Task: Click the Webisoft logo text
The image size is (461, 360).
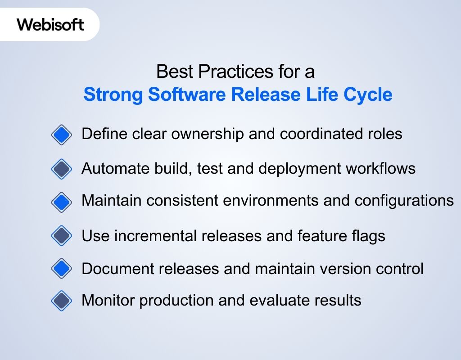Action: coord(50,24)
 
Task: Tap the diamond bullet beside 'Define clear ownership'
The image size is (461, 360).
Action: coord(62,135)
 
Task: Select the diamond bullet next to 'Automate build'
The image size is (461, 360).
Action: coord(62,169)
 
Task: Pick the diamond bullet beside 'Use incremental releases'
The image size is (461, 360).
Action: coord(62,235)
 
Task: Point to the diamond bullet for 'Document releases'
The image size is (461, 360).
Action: coord(62,269)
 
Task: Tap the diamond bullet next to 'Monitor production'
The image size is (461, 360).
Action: coord(62,300)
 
